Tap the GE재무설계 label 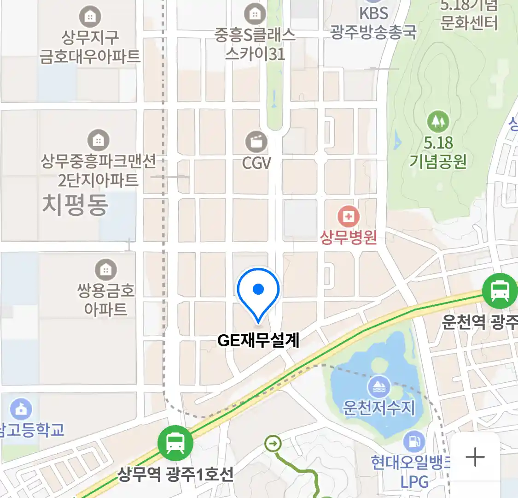pos(258,340)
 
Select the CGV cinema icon pos(256,141)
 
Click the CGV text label pos(256,162)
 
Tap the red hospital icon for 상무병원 pos(349,216)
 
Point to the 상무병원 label pos(349,237)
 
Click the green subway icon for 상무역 pos(175,443)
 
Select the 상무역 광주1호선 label pos(175,474)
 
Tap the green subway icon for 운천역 pos(500,291)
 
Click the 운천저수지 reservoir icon pos(379,386)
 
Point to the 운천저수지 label pos(379,408)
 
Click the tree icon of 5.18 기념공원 pos(438,121)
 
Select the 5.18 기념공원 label pos(438,152)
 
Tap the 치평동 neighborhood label pos(75,204)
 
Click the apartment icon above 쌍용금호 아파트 pos(106,269)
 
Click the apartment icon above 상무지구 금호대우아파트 pos(90,17)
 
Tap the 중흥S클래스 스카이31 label pos(255,44)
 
